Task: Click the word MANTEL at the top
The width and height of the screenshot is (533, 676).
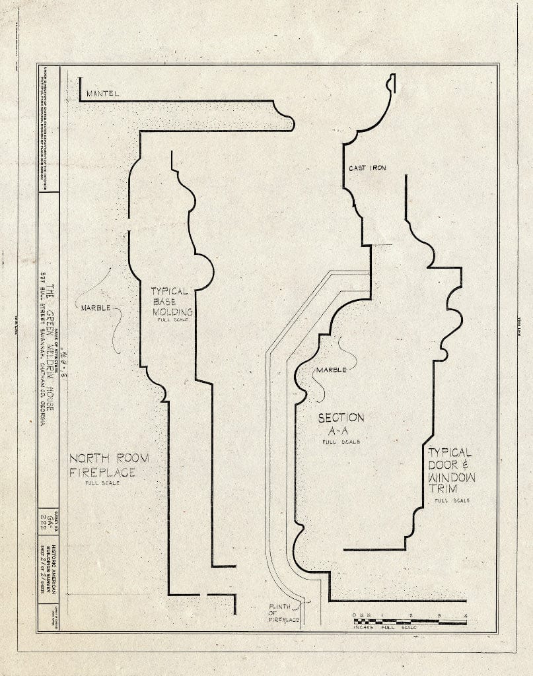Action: coord(102,94)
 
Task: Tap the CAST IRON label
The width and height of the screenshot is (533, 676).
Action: coord(367,168)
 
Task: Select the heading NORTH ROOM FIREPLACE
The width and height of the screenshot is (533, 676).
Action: coord(109,465)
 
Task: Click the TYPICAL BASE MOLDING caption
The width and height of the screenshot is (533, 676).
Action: coord(171,302)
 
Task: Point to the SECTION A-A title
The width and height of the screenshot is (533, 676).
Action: coord(341,424)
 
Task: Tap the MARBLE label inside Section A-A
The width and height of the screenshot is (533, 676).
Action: coord(331,370)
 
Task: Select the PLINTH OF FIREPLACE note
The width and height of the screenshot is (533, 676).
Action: coord(284,613)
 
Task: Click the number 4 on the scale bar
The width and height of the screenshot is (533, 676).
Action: coord(466,616)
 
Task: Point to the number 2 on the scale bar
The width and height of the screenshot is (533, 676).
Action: coord(411,616)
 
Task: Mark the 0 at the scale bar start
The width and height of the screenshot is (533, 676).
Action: coord(355,616)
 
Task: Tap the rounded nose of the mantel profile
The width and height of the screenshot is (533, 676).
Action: coord(288,123)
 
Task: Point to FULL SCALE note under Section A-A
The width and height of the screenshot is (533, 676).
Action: coord(341,442)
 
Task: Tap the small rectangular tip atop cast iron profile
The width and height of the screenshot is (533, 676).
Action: coord(390,83)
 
